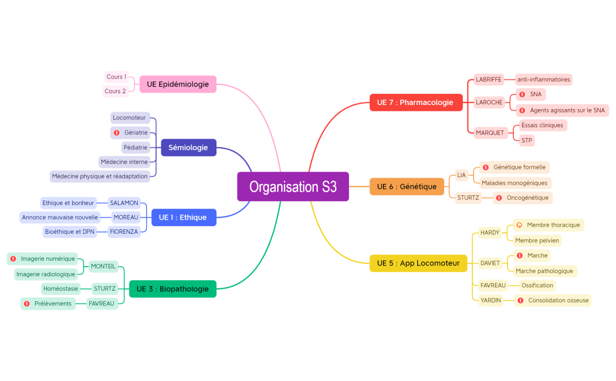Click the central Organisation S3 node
(x=293, y=186)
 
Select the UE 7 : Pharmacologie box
(x=415, y=103)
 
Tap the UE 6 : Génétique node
(x=407, y=186)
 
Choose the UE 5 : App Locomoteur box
(x=418, y=263)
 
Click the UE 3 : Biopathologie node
(x=172, y=288)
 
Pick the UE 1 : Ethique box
(x=183, y=217)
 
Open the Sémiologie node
(x=188, y=148)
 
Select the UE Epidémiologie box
(x=178, y=84)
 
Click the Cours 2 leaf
(x=115, y=91)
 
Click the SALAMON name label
(x=124, y=203)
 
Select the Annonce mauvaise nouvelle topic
(x=60, y=217)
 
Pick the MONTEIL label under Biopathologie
(x=103, y=266)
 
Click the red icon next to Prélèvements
(x=26, y=304)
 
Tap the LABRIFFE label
(x=489, y=80)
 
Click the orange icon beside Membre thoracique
(x=519, y=225)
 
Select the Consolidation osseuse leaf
(x=558, y=301)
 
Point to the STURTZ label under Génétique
(x=468, y=198)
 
